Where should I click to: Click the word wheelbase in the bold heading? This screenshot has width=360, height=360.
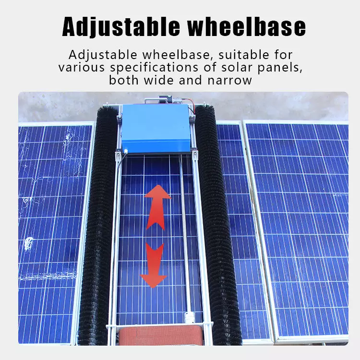pyautogui.click(x=247, y=26)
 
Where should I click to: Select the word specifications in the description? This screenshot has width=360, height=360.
pyautogui.click(x=154, y=68)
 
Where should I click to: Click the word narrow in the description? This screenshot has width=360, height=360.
pyautogui.click(x=229, y=81)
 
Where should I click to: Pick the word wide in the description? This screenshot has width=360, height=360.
pyautogui.click(x=159, y=80)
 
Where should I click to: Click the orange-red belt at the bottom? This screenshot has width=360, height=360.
pyautogui.click(x=161, y=336)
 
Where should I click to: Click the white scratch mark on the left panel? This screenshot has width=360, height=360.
pyautogui.click(x=28, y=243)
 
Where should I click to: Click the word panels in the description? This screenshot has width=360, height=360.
pyautogui.click(x=280, y=68)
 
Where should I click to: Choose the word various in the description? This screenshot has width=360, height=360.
pyautogui.click(x=82, y=68)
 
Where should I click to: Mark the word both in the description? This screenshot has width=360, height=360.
pyautogui.click(x=123, y=80)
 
